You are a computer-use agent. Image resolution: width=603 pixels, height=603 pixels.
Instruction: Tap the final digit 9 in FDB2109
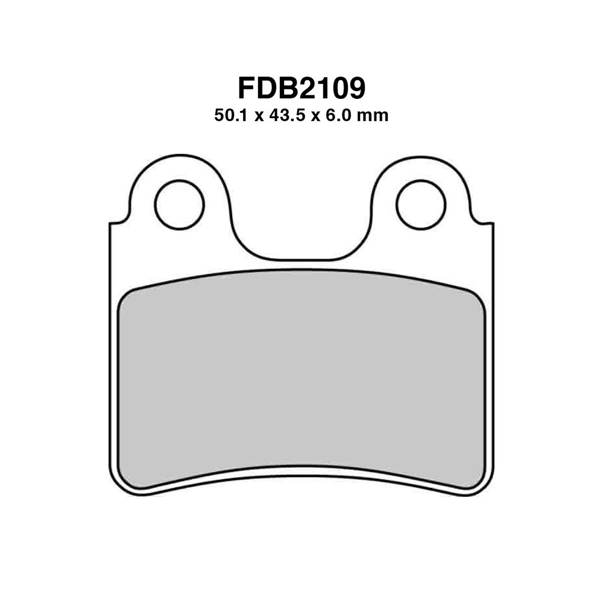pyautogui.click(x=356, y=87)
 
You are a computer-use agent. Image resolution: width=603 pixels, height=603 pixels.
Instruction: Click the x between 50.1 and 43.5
pyautogui.click(x=259, y=116)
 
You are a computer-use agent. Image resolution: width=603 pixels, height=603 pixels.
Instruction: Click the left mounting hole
pyautogui.click(x=179, y=204)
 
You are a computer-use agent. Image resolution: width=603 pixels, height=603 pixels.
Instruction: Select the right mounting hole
pyautogui.click(x=421, y=204)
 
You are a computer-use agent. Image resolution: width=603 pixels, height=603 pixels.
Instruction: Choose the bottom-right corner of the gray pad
pyautogui.click(x=478, y=482)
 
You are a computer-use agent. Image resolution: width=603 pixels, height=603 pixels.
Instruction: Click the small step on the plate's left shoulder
pyautogui.click(x=119, y=223)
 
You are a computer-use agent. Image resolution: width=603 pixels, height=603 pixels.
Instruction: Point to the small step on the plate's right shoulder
pyautogui.click(x=483, y=223)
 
